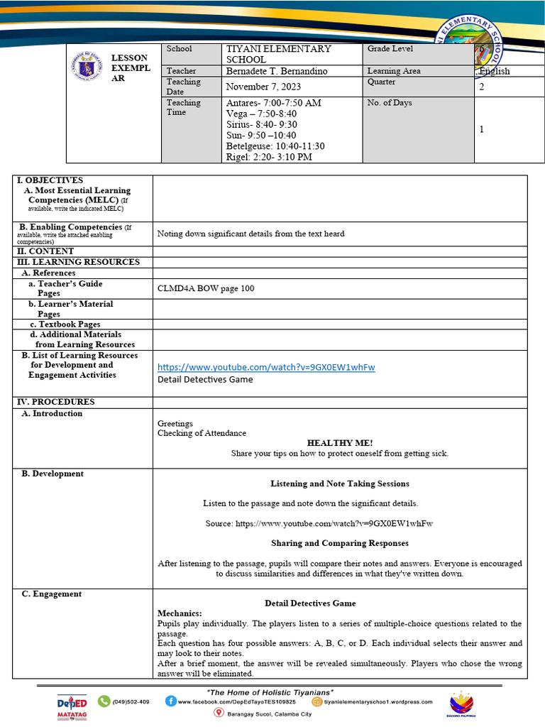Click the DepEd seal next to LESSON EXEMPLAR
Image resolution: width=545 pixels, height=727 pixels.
point(86,67)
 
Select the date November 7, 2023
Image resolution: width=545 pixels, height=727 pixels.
point(263,87)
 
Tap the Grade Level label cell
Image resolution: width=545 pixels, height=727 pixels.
point(390,49)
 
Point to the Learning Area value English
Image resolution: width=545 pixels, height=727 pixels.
point(495,71)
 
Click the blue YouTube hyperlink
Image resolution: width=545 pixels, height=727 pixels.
point(266,367)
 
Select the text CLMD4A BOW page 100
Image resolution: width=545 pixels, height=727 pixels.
point(206,288)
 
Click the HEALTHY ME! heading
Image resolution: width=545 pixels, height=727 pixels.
point(339,442)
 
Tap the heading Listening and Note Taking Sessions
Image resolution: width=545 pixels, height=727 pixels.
point(339,483)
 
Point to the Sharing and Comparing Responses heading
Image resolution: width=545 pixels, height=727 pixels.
point(339,543)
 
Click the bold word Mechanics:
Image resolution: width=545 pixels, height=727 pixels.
point(180,613)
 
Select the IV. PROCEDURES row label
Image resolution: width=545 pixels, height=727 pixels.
point(56,402)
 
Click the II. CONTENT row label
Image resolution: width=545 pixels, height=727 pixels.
point(45,251)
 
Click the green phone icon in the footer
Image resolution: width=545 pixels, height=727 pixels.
point(104,701)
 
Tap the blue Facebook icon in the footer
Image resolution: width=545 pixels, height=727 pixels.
point(171,701)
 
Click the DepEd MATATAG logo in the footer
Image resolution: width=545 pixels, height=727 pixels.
point(72,706)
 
